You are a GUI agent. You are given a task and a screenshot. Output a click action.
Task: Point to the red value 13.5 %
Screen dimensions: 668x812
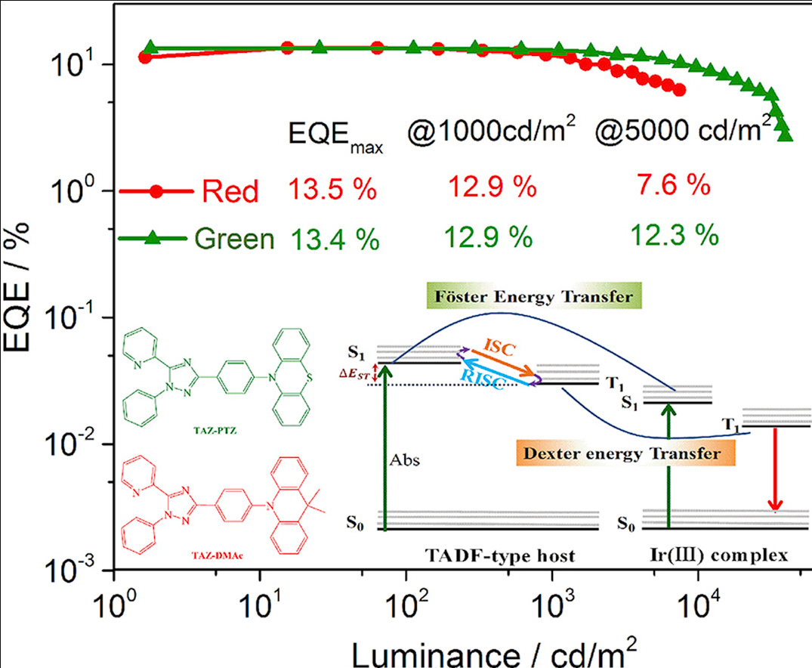331,189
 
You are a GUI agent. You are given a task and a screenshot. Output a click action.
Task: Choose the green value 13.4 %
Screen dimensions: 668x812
333,240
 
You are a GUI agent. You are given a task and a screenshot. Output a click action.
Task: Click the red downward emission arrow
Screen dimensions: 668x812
773,469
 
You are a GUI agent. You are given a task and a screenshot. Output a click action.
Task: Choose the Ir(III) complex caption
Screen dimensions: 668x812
718,555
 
